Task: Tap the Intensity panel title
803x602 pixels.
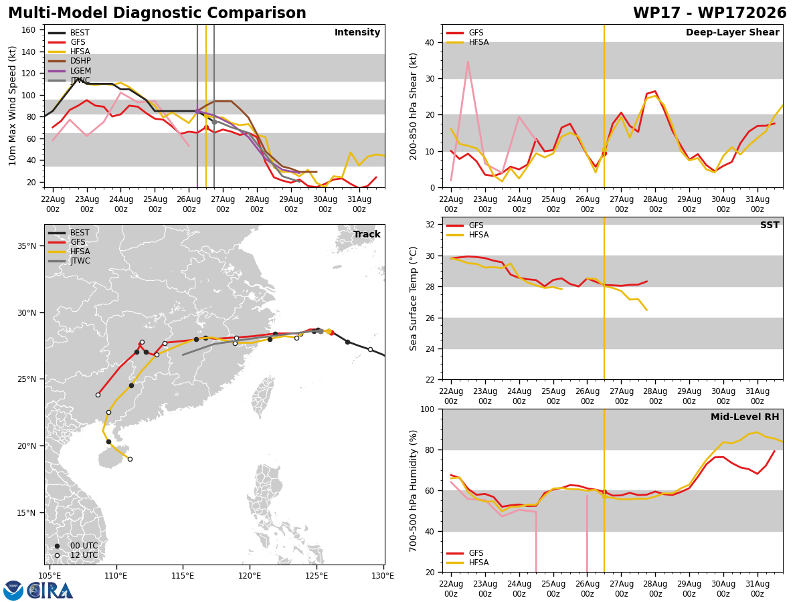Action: tap(357, 33)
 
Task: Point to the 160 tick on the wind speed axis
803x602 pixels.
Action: tap(28, 30)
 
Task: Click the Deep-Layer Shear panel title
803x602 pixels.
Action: tap(732, 33)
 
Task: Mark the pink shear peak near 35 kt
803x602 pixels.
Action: tap(468, 62)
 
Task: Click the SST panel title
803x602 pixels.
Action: tap(770, 225)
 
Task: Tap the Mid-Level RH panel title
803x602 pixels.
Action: tap(745, 417)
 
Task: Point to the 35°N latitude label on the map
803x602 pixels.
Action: tap(27, 246)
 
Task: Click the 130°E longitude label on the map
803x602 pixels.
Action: tap(383, 576)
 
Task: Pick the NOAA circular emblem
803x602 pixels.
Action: tap(13, 591)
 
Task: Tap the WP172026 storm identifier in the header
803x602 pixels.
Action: tap(742, 13)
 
